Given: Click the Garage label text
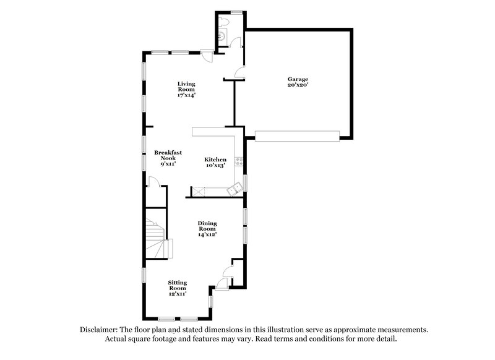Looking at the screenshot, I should point(298,79).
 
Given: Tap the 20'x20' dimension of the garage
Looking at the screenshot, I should point(298,85).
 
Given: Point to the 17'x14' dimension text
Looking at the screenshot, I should point(186,95).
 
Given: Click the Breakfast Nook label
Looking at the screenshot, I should point(165,155).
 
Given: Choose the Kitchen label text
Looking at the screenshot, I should point(215,160).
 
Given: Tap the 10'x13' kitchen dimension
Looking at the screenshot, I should point(215,166).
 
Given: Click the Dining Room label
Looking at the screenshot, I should point(207,226).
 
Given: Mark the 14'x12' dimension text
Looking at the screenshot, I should point(207,234).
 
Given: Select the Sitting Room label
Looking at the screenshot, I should point(178,285).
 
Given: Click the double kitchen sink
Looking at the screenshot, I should point(234,191).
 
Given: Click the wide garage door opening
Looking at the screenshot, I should point(298,135).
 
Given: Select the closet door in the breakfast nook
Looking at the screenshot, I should point(157,181).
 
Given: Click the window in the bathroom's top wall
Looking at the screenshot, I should point(236,12).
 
